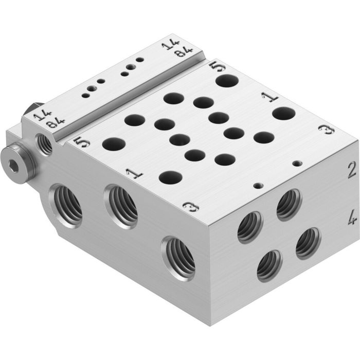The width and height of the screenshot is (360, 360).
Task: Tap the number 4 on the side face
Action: (x=351, y=220)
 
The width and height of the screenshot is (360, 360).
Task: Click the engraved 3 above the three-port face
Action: (x=190, y=206)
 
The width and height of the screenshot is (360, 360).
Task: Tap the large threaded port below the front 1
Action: (x=121, y=206)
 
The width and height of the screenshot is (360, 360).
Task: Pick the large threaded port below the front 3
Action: (x=179, y=258)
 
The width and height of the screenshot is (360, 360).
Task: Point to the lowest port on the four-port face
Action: (x=269, y=265)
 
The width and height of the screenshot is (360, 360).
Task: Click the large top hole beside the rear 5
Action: (x=226, y=80)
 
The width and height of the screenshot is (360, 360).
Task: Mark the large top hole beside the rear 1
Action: (x=283, y=114)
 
